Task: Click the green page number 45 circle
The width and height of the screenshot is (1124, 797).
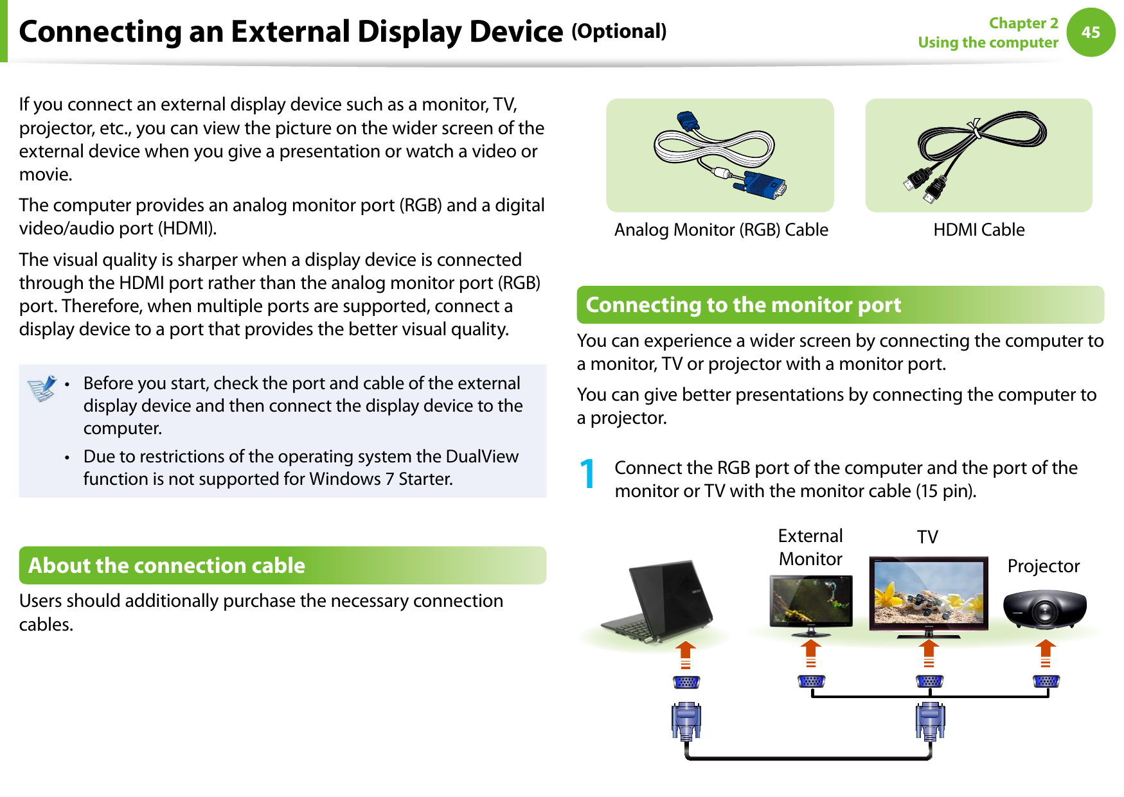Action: [1091, 32]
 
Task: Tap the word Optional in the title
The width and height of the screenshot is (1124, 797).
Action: [619, 31]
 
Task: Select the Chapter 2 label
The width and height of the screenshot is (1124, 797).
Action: [1023, 23]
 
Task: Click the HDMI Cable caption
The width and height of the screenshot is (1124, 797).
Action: [979, 230]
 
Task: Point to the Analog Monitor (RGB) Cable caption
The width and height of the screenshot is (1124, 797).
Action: [721, 230]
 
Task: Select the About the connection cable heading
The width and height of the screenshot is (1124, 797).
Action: [166, 566]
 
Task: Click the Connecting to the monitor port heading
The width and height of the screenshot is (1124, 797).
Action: [743, 305]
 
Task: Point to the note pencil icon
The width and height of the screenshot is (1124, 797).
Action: [42, 389]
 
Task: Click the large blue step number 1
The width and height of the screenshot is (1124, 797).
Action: [587, 475]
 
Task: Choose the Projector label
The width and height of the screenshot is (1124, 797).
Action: [1043, 566]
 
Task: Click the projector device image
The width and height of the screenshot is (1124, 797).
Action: [1044, 609]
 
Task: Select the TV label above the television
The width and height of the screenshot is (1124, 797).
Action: [927, 537]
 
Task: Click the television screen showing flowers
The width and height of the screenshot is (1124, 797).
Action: [929, 592]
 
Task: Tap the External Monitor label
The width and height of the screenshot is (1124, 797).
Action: [810, 547]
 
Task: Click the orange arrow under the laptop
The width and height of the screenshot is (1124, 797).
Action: [686, 654]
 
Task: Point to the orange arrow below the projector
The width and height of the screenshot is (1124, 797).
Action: [1046, 652]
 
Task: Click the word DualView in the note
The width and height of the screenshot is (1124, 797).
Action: [481, 457]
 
